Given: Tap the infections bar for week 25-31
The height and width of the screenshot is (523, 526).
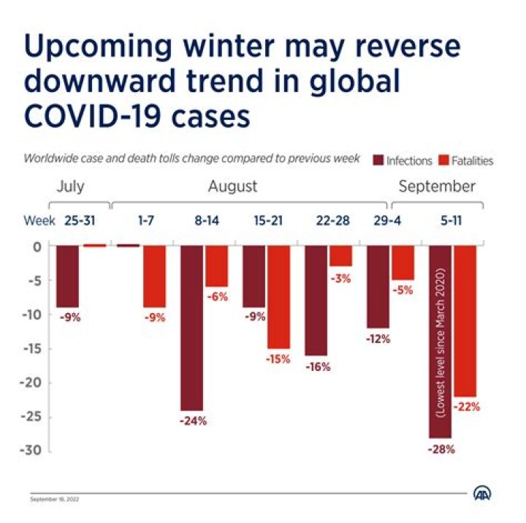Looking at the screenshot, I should click(x=68, y=276).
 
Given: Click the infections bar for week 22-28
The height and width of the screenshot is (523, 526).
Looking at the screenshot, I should click(x=316, y=300).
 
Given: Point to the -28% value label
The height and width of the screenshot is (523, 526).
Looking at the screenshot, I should click(x=441, y=449).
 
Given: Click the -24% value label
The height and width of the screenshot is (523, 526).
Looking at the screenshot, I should click(x=194, y=421).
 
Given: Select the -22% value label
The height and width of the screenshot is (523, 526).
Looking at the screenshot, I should click(x=466, y=407).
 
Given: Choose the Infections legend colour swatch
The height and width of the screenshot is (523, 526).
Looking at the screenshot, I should click(x=378, y=160).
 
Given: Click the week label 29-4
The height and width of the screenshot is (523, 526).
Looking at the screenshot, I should click(x=378, y=219).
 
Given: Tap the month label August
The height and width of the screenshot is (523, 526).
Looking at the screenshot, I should click(x=232, y=187).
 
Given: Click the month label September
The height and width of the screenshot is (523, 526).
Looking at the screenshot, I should click(x=437, y=187).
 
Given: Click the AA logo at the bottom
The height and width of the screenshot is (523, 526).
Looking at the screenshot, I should click(x=483, y=494).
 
